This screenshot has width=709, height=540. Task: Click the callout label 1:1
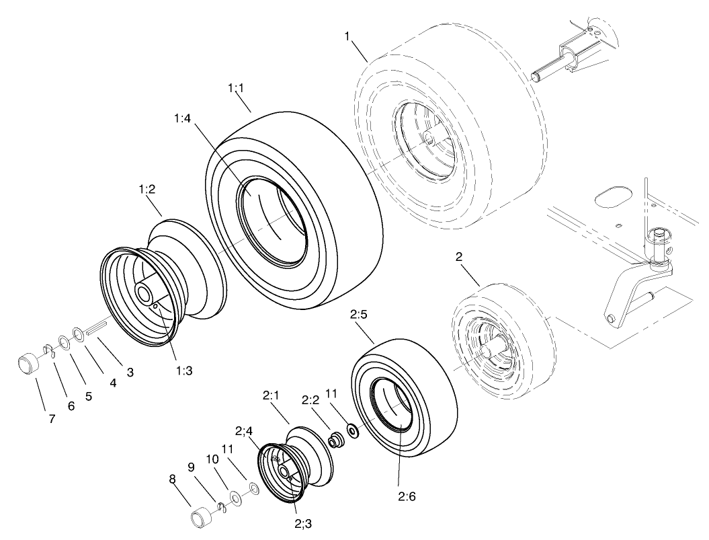(x=236, y=88)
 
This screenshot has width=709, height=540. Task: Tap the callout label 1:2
(x=148, y=191)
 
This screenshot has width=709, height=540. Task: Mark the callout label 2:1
(x=271, y=396)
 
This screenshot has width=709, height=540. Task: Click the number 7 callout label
(x=52, y=418)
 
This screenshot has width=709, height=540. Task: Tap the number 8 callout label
(x=172, y=479)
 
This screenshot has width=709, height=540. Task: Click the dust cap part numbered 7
(x=28, y=363)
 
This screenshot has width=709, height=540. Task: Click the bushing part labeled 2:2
(x=335, y=440)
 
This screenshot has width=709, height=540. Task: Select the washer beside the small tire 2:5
(x=351, y=430)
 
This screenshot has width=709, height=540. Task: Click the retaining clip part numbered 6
(x=48, y=349)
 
